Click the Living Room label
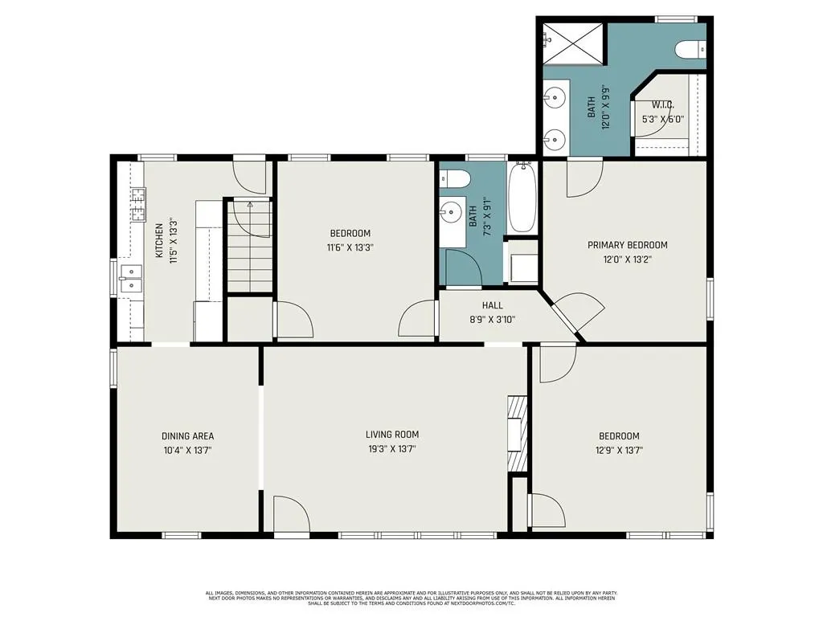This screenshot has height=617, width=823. click(392, 435)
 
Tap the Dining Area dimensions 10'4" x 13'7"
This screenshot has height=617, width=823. click(187, 450)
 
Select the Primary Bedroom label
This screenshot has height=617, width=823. click(627, 245)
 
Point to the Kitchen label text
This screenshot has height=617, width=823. click(159, 241)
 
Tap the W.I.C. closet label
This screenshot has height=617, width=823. click(663, 105)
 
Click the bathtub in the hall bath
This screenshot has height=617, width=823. click(522, 198)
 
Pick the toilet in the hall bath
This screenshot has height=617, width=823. click(454, 179)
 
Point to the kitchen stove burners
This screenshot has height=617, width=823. click(138, 205)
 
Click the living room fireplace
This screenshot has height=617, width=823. click(517, 432)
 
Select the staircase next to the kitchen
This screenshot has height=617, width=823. click(249, 246)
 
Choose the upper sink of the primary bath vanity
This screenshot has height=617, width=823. click(555, 97)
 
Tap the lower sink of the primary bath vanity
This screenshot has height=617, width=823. click(555, 140)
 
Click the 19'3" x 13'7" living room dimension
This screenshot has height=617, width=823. click(392, 449)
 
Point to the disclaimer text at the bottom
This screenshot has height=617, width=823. click(411, 598)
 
